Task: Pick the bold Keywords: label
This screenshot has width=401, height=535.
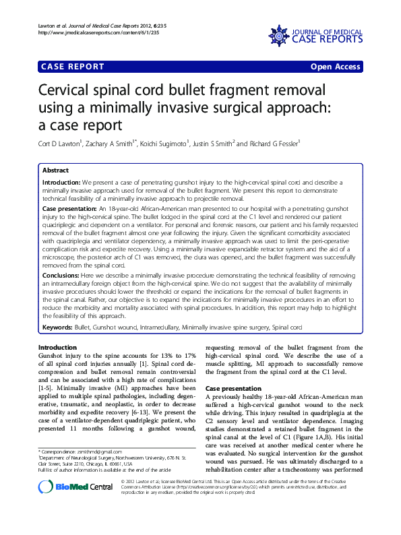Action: pyautogui.click(x=57, y=327)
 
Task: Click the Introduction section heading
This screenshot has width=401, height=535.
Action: pyautogui.click(x=58, y=347)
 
